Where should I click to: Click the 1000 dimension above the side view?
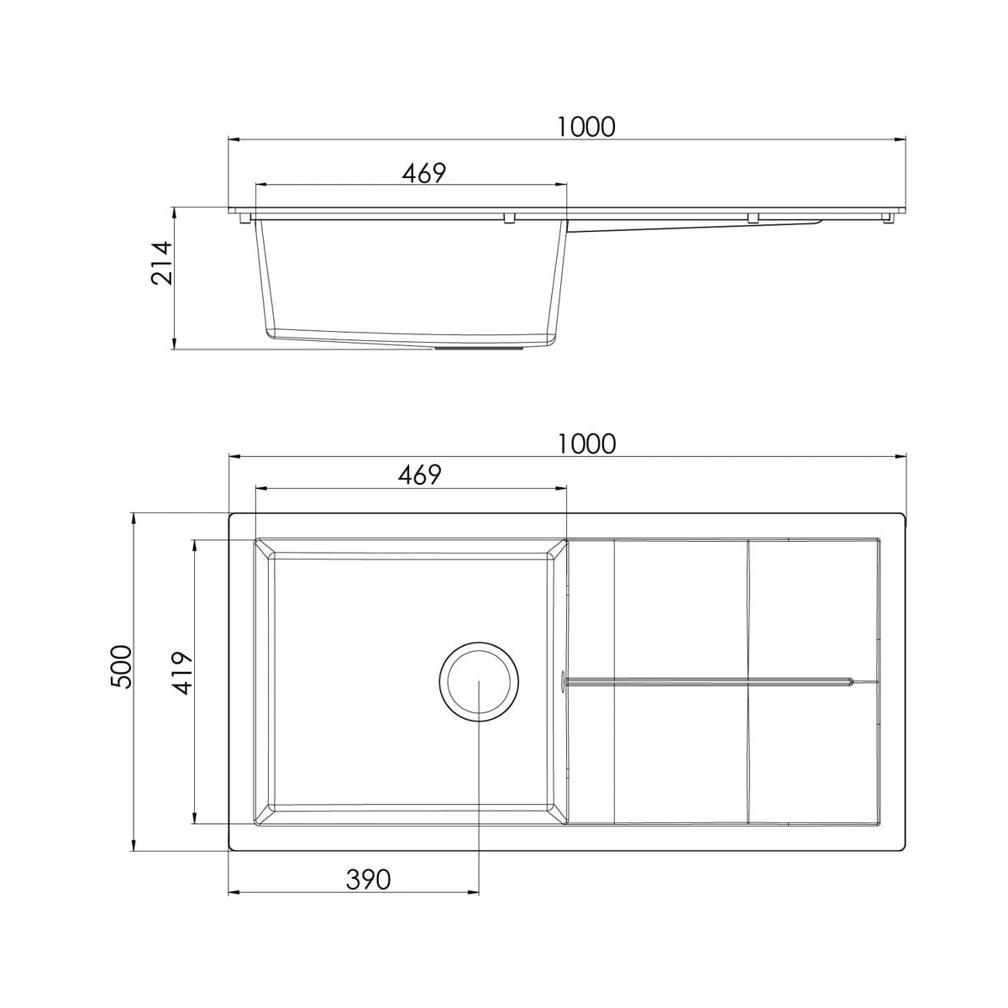pyautogui.click(x=585, y=127)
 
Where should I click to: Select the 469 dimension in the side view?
pyautogui.click(x=423, y=173)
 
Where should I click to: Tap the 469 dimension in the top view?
pyautogui.click(x=419, y=475)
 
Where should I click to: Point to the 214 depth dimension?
pyautogui.click(x=161, y=263)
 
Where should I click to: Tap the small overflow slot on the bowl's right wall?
pyautogui.click(x=562, y=681)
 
